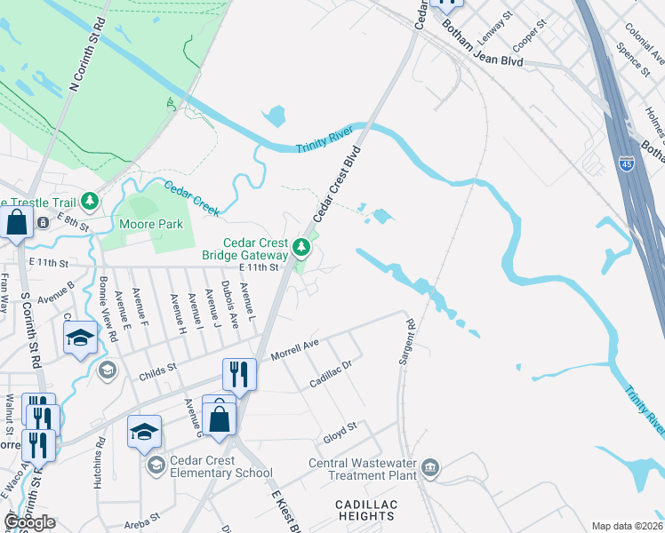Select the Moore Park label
tap(151, 224)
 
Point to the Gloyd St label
tap(340, 428)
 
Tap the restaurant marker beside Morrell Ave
tap(238, 373)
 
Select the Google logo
tap(29, 521)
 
